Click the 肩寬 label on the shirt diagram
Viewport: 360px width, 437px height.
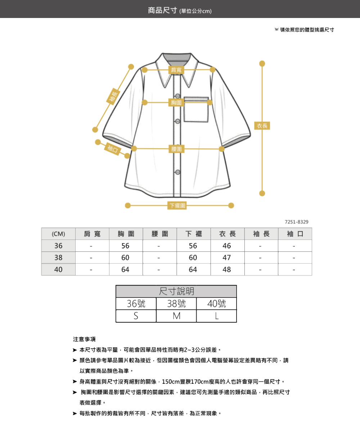[x=176, y=70]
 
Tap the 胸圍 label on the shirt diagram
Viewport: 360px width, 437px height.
[x=176, y=103]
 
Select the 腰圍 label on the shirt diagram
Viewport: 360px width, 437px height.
[x=176, y=149]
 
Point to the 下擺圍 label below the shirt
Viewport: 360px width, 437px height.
[x=177, y=205]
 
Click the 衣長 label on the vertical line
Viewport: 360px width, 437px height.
[x=262, y=126]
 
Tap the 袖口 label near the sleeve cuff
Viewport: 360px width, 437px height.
[x=113, y=149]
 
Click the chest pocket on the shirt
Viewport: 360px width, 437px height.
[x=196, y=109]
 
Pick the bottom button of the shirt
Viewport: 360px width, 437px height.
[x=178, y=172]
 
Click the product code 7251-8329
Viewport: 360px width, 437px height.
[x=297, y=222]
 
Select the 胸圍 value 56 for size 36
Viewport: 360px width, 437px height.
[x=126, y=246]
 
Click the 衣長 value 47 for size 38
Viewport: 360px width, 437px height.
[x=227, y=258]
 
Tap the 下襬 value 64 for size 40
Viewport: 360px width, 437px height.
[x=193, y=269]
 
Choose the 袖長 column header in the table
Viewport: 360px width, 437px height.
[x=261, y=234]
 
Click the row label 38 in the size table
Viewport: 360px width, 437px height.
[x=58, y=258]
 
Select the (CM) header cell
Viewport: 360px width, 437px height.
[x=58, y=234]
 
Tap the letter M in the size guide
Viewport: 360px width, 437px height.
[x=176, y=316]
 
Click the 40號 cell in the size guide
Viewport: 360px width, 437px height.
[x=216, y=304]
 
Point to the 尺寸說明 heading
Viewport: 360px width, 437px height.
[x=176, y=291]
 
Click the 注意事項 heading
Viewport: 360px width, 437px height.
[x=84, y=339]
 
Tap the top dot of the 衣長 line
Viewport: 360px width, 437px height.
[x=262, y=64]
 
